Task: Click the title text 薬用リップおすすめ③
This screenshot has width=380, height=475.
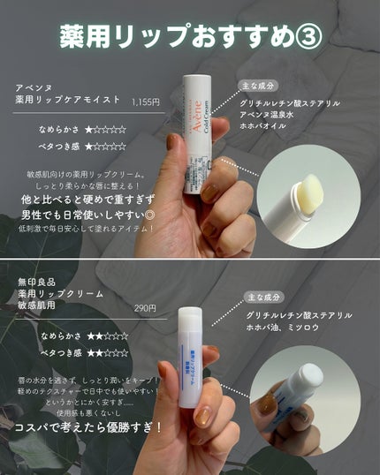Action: [189, 38]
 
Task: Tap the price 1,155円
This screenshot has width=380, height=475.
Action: [145, 102]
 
